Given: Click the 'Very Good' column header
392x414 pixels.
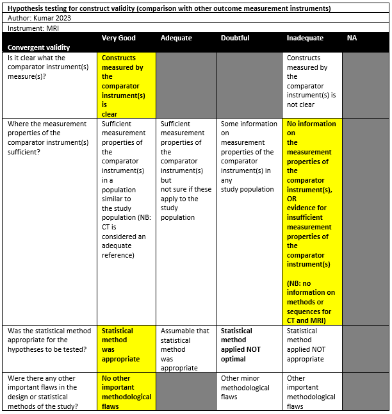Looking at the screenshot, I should click(118, 38).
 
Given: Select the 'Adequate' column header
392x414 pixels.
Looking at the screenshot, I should click(176, 38).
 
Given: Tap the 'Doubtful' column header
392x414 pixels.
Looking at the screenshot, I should click(236, 38).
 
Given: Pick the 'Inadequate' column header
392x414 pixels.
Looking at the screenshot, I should click(305, 38).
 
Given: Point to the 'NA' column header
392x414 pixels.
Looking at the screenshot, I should click(352, 38).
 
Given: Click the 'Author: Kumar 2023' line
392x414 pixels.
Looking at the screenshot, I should click(39, 19).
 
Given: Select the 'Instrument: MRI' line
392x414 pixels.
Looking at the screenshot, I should click(35, 29).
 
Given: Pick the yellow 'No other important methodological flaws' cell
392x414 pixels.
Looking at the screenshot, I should click(126, 392).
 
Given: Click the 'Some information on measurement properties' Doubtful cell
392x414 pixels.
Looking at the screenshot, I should click(249, 156).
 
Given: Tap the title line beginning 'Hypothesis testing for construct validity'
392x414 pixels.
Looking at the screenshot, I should click(169, 8).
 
